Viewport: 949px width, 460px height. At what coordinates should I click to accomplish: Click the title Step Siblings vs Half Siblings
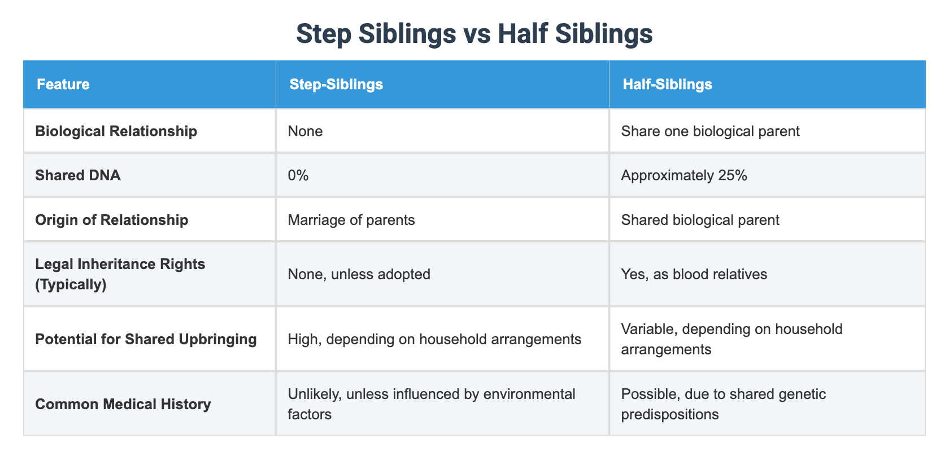coord(474,34)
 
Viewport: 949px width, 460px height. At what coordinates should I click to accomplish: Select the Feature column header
coord(63,84)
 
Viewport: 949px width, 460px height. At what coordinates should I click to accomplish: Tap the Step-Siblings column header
coord(336,84)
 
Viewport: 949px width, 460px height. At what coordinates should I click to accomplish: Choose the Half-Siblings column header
coord(667,84)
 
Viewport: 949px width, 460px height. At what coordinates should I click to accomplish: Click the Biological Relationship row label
coord(116,131)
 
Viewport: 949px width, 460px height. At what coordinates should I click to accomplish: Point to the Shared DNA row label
coord(77,175)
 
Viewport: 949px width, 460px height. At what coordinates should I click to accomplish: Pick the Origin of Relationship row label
coord(111,219)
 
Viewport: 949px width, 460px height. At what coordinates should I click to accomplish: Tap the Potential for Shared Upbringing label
coord(145,339)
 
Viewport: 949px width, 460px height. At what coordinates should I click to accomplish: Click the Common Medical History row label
coord(123,404)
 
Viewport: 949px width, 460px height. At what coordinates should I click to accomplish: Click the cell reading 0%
coord(298,175)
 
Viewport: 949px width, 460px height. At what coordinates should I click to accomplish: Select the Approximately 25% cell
coord(684,175)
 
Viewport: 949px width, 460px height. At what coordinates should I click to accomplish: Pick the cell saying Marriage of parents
coord(351,219)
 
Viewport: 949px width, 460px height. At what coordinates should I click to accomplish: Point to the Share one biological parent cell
coord(709,131)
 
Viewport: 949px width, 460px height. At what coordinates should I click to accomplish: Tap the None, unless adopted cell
coord(359,274)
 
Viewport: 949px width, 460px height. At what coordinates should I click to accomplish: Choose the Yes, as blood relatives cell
coord(694,274)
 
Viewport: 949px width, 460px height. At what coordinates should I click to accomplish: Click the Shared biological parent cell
coord(700,219)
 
